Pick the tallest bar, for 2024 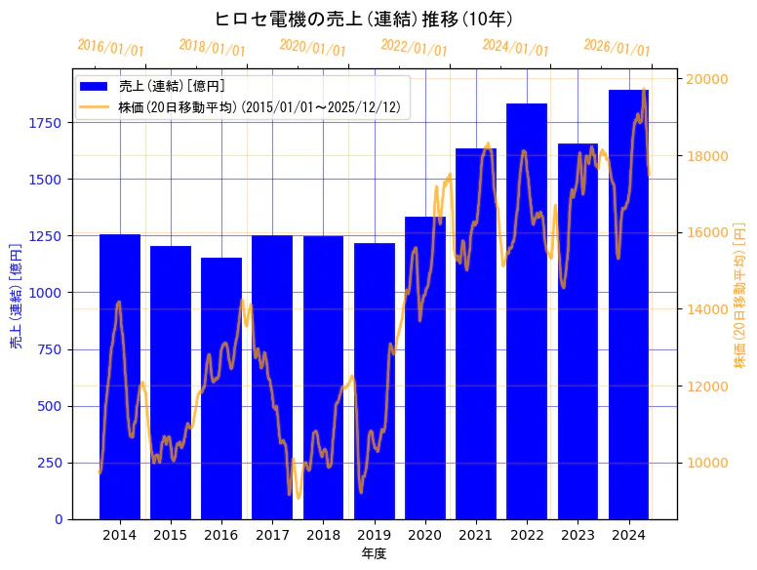628,304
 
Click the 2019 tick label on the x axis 374,535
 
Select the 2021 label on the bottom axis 476,535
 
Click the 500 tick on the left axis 51,406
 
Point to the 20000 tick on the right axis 710,79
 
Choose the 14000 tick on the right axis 710,309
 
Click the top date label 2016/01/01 110,48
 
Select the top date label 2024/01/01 515,48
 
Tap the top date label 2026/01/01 617,48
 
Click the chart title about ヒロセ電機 364,19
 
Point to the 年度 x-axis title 374,553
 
